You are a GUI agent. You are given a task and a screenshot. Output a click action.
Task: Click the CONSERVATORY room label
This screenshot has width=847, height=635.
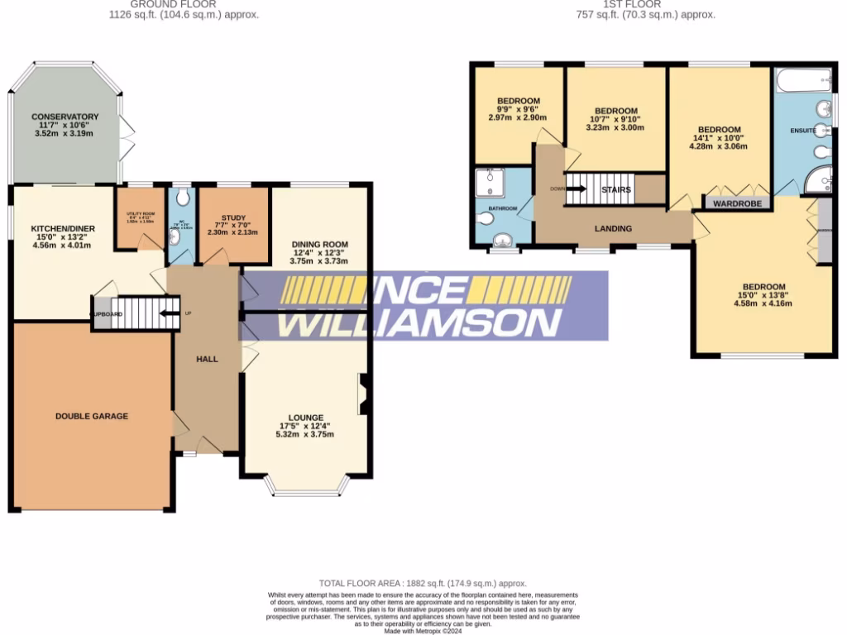(x=65, y=117)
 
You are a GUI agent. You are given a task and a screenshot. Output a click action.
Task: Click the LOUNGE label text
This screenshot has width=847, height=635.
(x=305, y=418)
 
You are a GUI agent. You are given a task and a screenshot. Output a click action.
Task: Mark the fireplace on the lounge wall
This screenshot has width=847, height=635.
(x=362, y=394)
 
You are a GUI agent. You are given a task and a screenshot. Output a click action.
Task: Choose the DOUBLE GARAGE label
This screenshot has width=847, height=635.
(x=92, y=416)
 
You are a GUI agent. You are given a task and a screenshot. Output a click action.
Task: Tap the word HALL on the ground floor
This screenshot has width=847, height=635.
(x=207, y=359)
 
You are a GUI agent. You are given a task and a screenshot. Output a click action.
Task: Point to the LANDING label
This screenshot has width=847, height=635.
(x=613, y=229)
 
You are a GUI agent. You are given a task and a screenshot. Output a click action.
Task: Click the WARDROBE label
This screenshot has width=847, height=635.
(x=737, y=201)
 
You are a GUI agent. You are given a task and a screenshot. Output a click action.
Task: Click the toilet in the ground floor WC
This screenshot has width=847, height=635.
(x=182, y=198)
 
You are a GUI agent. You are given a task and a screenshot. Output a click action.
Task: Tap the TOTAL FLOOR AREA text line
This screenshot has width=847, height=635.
(x=423, y=584)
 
